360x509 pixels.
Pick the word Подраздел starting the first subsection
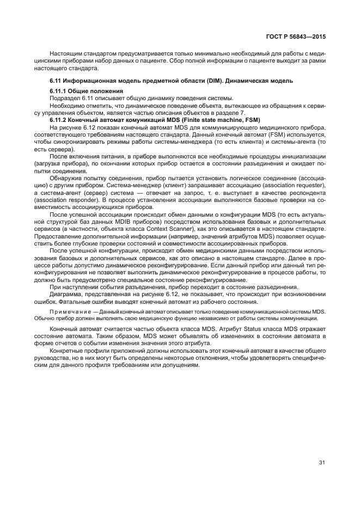pos(65,97)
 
